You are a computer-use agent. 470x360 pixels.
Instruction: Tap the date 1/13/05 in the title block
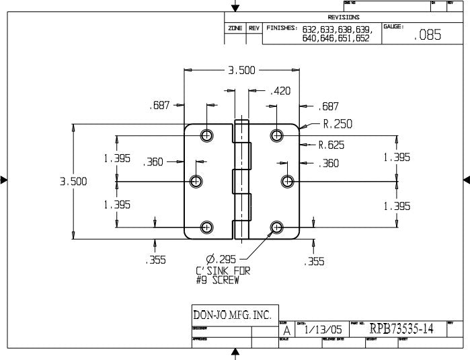pyautogui.click(x=323, y=330)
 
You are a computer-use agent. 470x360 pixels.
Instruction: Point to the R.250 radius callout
pyautogui.click(x=337, y=124)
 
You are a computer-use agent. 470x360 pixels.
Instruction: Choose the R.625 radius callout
pyautogui.click(x=331, y=144)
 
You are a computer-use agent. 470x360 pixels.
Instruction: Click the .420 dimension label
pyautogui.click(x=280, y=91)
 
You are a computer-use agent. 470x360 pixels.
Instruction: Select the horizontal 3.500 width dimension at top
pyautogui.click(x=241, y=70)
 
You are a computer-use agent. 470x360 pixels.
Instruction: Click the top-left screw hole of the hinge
pyautogui.click(x=206, y=135)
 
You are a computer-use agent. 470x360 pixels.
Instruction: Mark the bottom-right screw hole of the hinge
pyautogui.click(x=276, y=227)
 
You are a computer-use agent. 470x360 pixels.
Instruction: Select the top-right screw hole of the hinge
pyautogui.click(x=276, y=135)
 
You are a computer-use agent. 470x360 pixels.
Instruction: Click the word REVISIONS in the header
pyautogui.click(x=344, y=17)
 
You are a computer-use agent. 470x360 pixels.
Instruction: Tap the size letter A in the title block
pyautogui.click(x=287, y=330)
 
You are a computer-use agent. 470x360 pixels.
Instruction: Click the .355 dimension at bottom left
pyautogui.click(x=155, y=261)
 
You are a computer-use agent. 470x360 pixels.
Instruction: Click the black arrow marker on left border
pyautogui.click(x=4, y=180)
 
